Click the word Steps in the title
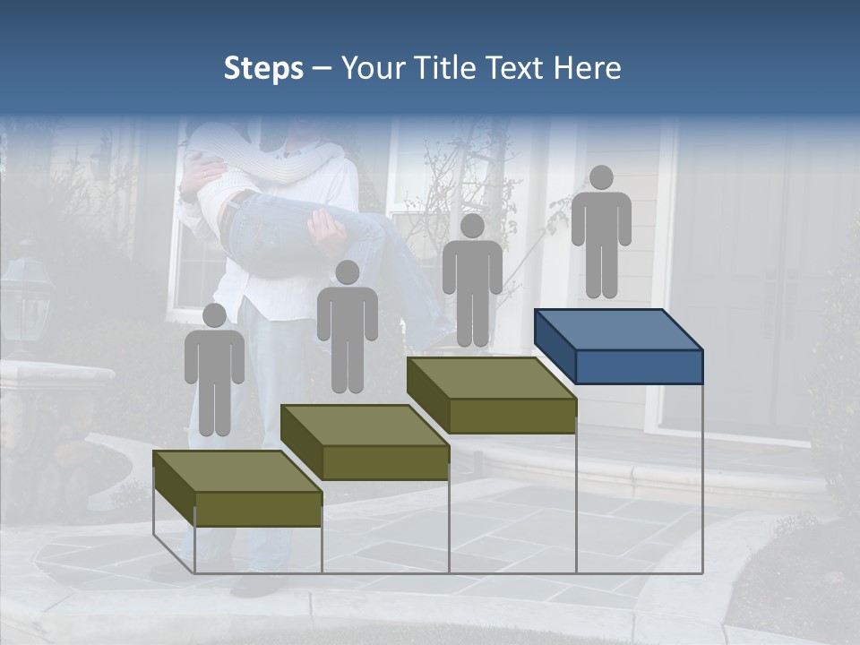click(263, 69)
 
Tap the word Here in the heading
click(589, 69)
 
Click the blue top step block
click(618, 346)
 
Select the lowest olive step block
click(237, 488)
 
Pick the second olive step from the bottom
click(365, 442)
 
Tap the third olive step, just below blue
click(491, 395)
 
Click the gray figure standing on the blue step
click(601, 233)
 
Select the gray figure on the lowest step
click(214, 372)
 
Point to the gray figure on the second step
click(348, 329)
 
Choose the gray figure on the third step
click(472, 282)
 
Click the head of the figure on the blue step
click(601, 177)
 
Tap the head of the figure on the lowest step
click(214, 315)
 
